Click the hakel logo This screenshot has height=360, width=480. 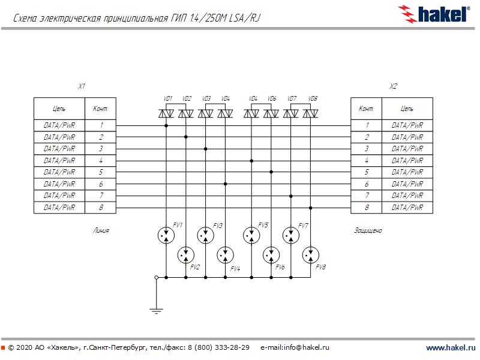[434, 14]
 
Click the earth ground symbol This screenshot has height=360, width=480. [157, 311]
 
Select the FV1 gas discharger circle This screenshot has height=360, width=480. [166, 235]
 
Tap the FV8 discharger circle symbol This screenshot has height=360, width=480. [310, 254]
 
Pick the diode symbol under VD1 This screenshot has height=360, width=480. [166, 113]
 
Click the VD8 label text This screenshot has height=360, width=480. [313, 98]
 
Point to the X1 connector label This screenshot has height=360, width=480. [82, 86]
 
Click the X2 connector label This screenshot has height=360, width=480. [393, 86]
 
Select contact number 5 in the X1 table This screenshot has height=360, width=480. [101, 172]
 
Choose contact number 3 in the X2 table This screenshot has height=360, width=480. [367, 149]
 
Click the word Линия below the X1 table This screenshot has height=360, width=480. [101, 230]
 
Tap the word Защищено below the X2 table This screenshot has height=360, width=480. [368, 230]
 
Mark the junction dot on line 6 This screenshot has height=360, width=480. [226, 184]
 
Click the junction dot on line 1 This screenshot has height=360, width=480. [166, 125]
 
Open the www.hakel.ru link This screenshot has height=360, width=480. [451, 347]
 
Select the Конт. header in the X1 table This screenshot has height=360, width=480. [100, 109]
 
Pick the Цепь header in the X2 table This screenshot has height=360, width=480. [407, 109]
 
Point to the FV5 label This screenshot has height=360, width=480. [263, 225]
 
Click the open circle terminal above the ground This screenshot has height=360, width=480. [157, 278]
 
